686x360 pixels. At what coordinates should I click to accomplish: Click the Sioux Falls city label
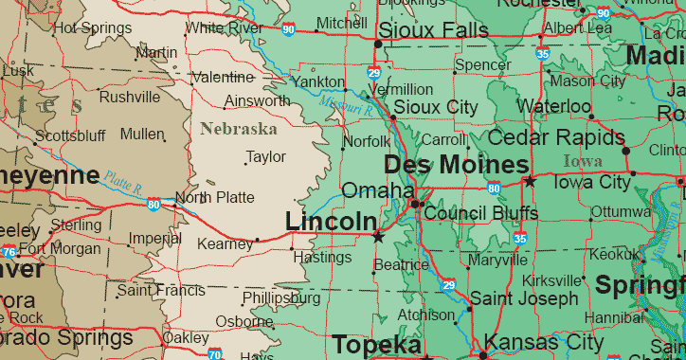click(x=433, y=31)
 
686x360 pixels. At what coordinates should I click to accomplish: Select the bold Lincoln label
click(x=331, y=222)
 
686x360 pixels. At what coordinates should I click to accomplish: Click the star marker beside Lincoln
click(x=379, y=234)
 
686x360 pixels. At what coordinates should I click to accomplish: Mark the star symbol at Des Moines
click(x=530, y=180)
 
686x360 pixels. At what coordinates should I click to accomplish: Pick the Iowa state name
click(x=582, y=161)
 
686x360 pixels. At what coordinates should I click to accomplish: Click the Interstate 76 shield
click(x=9, y=251)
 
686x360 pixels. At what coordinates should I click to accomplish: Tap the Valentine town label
click(x=223, y=77)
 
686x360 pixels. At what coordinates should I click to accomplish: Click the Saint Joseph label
click(x=523, y=298)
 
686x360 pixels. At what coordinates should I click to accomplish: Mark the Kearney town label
click(x=225, y=244)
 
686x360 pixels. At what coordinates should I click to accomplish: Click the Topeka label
click(x=375, y=344)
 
